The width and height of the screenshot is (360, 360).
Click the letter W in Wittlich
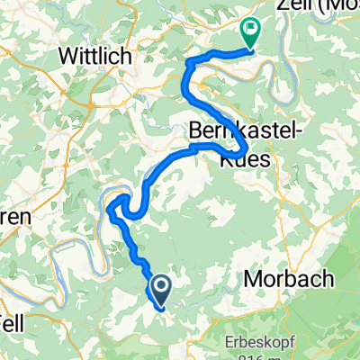click(x=65, y=56)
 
